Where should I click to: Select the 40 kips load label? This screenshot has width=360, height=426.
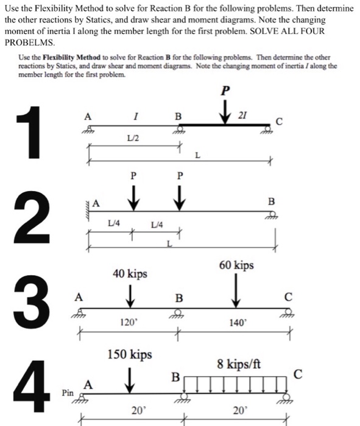point(130,274)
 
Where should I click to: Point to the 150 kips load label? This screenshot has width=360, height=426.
point(129,354)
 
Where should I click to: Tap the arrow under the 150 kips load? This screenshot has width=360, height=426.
point(129,377)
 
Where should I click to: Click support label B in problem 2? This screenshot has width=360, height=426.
point(272,201)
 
